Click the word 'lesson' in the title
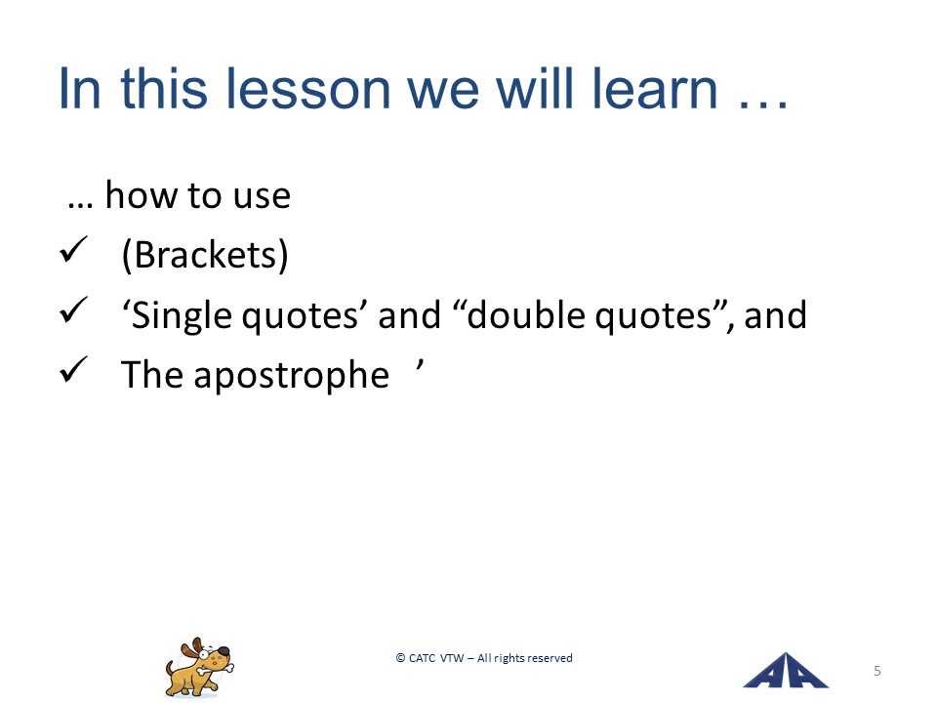point(307,89)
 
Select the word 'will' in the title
point(527,89)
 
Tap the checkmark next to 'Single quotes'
point(73,310)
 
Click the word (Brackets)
point(204,255)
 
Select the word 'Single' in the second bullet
point(182,316)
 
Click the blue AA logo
point(785,670)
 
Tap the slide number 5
point(877,671)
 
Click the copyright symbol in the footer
point(400,658)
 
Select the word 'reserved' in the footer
point(549,658)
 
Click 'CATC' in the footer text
point(422,658)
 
